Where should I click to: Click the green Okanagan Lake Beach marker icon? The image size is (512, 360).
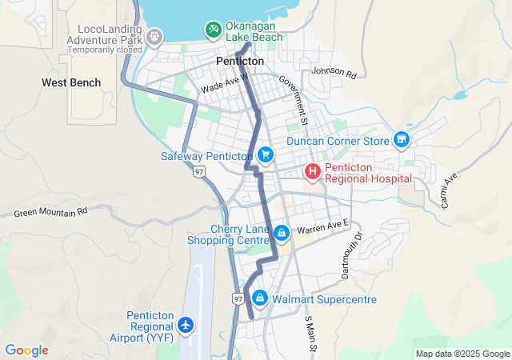pos(213,30)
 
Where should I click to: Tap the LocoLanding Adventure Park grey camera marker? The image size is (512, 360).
pos(154,37)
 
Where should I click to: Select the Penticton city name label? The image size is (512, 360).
pos(240,61)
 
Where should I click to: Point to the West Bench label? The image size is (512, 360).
pos(71,82)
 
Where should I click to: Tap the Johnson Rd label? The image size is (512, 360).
pos(334,72)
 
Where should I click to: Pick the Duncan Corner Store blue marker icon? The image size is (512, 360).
pos(402,141)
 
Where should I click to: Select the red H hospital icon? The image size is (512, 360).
pos(312,170)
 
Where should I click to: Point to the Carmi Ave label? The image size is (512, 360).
pos(447,190)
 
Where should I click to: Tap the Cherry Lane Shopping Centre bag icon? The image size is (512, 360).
pos(281,233)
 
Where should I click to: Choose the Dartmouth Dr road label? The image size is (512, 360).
pos(352,255)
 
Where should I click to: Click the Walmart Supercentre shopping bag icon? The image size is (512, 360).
pos(259,298)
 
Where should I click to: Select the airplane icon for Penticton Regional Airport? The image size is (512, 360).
pos(186,325)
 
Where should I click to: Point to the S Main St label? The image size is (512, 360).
pos(310,335)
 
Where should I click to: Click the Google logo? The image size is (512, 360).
pos(26,350)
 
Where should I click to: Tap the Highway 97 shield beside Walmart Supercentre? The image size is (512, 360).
pos(238,298)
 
